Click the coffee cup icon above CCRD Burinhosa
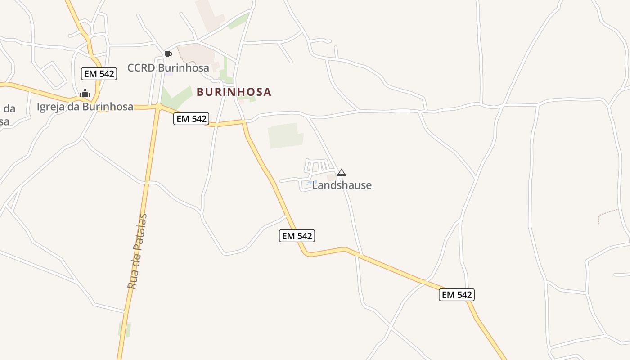click(x=168, y=55)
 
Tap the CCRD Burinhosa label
click(x=168, y=68)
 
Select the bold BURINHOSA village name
click(x=234, y=92)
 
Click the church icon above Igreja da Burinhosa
click(x=85, y=94)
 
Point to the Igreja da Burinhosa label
click(x=85, y=107)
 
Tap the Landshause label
click(x=342, y=185)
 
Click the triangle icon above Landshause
click(x=342, y=172)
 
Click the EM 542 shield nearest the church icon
click(x=99, y=74)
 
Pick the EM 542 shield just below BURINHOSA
click(x=191, y=119)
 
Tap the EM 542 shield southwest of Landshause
click(x=297, y=236)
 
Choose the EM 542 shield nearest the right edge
click(x=457, y=295)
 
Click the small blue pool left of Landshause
click(x=309, y=183)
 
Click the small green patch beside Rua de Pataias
click(x=124, y=329)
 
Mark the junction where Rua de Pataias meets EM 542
click(x=158, y=107)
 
